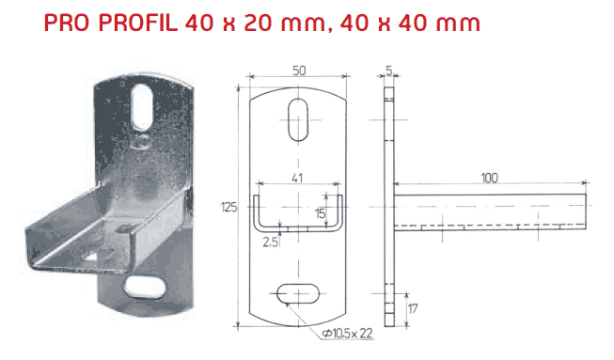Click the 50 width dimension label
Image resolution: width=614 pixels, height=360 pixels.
pos(299,70)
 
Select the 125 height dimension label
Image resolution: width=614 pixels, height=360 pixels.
pos(229,207)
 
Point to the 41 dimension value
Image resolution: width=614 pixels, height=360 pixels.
pos(297,178)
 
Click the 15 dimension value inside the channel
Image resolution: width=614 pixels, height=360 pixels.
pos(320,213)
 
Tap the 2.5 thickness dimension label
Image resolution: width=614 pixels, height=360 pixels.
pos(270,243)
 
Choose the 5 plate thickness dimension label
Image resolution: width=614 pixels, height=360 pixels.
pos(388,70)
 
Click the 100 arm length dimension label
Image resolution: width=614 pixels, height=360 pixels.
pos(489,178)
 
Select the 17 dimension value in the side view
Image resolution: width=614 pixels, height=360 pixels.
pos(413,308)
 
